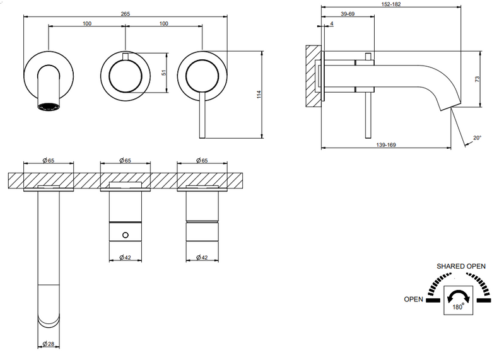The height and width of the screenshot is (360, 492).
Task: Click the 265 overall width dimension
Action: (125, 14)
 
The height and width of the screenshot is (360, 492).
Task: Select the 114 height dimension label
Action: (259, 95)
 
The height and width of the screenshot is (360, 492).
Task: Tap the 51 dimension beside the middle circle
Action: (163, 73)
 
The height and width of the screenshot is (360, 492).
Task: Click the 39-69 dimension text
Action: (348, 14)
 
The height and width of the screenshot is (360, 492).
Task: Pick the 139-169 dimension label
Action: (386, 145)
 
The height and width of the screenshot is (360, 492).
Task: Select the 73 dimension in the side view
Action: (477, 79)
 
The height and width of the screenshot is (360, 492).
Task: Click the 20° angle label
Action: (477, 137)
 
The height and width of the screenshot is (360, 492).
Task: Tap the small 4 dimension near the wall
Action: (332, 23)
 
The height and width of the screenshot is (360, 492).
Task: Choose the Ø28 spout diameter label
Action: (49, 344)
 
